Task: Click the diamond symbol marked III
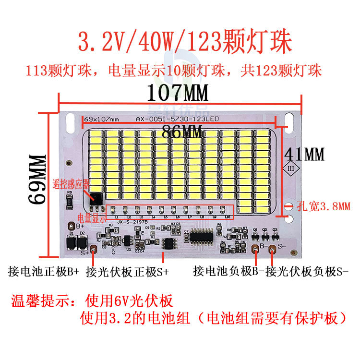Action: point(291,169)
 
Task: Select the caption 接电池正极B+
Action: point(44,272)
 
